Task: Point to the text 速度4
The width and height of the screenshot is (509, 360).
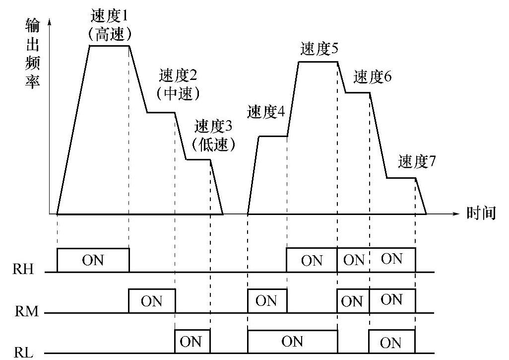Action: pos(266,112)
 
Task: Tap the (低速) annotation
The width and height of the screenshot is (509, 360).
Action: pos(213,144)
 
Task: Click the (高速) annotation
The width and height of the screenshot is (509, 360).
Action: pos(110,34)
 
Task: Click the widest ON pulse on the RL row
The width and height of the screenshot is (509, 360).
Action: pos(292,342)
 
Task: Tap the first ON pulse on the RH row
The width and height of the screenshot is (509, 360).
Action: pos(93,260)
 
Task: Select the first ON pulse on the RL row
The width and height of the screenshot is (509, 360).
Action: pos(192,342)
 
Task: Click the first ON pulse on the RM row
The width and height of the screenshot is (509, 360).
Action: pos(152,301)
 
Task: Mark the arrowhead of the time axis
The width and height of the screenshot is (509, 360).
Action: pos(457,214)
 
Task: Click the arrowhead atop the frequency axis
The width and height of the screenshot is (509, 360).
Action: pos(50,23)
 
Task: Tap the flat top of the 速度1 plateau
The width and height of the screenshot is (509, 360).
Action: pos(109,46)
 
